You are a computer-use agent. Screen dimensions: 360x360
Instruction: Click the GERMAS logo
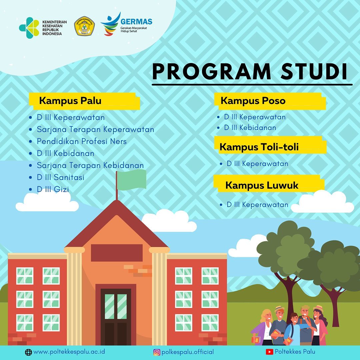127,24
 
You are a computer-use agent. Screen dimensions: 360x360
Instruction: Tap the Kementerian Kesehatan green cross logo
29,28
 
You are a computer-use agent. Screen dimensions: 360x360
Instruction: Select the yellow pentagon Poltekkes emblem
84,26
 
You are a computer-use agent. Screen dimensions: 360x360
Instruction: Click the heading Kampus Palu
70,101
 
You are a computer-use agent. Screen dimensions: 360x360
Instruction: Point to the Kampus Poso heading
253,101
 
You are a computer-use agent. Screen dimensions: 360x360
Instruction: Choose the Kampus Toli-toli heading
259,147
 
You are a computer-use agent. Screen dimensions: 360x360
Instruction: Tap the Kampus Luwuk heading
262,185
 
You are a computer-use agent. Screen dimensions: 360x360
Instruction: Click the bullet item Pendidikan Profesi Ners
82,141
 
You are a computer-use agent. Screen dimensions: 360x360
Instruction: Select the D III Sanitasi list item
61,177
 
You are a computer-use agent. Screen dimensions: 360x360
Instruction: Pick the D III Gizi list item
53,189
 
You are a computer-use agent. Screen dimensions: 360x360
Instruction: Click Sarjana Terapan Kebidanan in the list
90,165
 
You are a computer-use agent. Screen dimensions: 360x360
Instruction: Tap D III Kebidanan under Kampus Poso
250,127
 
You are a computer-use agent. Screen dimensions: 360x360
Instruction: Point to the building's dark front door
116,317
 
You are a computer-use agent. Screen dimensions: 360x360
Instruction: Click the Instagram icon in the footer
157,352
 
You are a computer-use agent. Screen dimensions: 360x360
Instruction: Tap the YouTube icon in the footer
269,352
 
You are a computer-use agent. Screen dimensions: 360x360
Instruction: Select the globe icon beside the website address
28,352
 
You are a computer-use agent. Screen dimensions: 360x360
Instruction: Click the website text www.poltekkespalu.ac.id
69,352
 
